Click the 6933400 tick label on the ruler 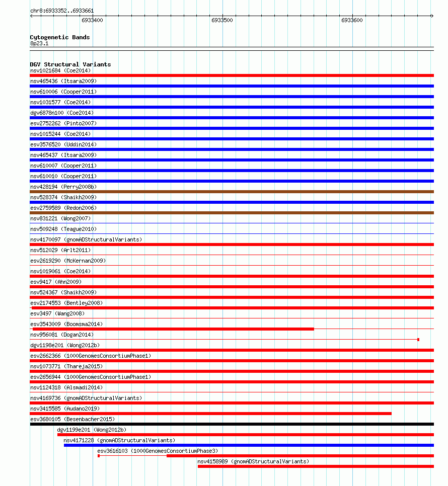92,21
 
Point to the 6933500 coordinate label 222,21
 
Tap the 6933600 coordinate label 352,21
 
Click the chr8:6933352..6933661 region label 62,11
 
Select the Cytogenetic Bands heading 60,37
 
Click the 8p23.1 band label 39,44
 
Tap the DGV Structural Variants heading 70,64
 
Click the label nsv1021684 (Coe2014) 60,70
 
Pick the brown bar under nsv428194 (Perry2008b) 232,192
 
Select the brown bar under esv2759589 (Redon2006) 232,213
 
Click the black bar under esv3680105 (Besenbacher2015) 232,424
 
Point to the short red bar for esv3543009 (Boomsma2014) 173,329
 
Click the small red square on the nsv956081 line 418,340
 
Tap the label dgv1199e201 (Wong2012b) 92,430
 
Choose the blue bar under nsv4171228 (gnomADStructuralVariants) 249,445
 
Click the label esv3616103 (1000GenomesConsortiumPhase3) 158,451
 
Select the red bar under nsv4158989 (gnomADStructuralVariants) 316,466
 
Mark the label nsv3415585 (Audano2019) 65,409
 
